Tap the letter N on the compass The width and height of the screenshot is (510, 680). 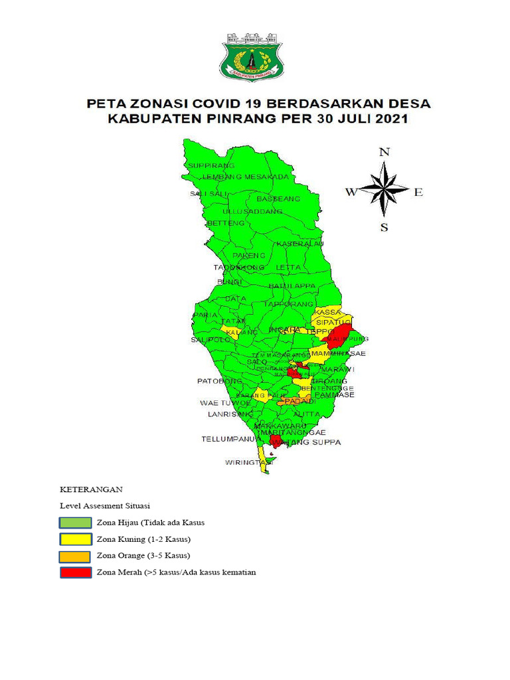[x=384, y=152]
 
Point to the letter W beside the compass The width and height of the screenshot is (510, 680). [x=351, y=193]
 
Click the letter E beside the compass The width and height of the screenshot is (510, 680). [x=418, y=193]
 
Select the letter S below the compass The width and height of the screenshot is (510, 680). [x=384, y=228]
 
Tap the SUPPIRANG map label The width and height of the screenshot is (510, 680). [x=211, y=165]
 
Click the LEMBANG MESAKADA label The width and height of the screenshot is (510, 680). [x=246, y=177]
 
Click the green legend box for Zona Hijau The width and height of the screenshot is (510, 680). [x=74, y=523]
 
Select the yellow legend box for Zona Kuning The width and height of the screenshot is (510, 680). [x=74, y=539]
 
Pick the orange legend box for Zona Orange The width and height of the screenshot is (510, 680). [x=74, y=556]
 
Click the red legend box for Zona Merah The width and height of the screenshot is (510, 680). [x=74, y=572]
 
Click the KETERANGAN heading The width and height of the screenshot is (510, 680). [x=92, y=489]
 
